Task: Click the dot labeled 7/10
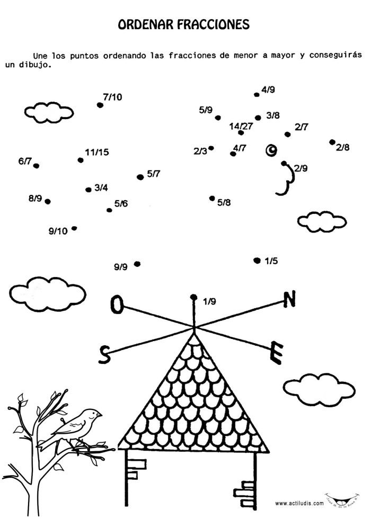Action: coord(100,105)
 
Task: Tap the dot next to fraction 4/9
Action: coord(257,95)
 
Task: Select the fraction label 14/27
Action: coord(241,126)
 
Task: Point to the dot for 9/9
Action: coord(137,264)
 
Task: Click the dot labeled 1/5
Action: coord(257,260)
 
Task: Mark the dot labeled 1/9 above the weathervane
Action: coord(194,297)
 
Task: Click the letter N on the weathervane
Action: coord(289,300)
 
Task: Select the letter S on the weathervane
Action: coord(105,354)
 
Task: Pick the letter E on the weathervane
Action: coord(276,353)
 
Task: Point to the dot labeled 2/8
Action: coord(332,142)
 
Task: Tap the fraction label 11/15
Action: coord(96,153)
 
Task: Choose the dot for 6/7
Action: coord(36,166)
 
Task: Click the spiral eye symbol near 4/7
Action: coord(271,151)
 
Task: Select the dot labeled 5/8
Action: coord(212,198)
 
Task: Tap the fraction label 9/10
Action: coord(58,231)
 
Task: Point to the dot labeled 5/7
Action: coord(140,177)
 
